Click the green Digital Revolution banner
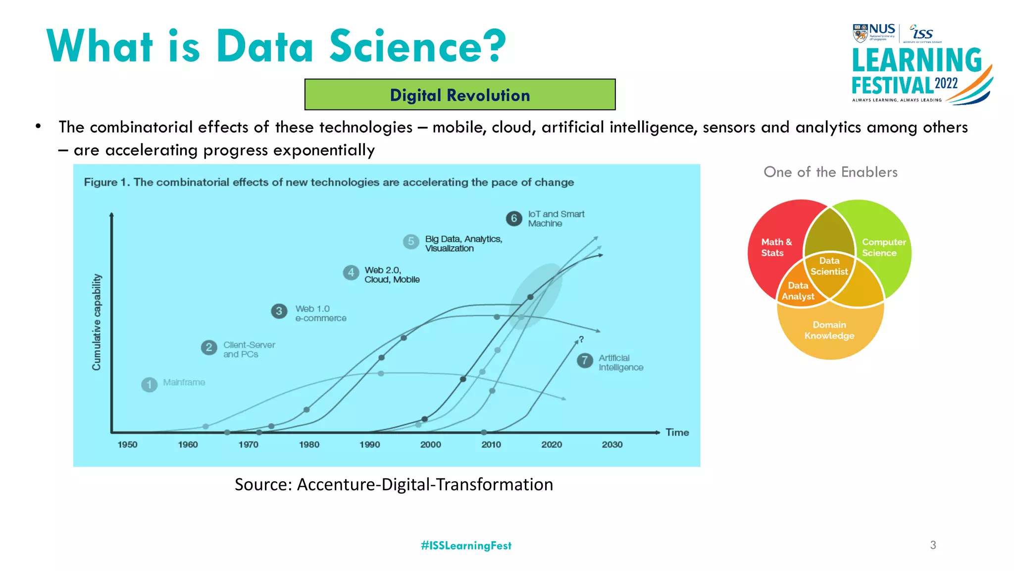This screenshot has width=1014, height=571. click(459, 94)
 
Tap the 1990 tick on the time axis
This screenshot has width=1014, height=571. click(369, 444)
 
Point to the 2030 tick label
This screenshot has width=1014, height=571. click(612, 444)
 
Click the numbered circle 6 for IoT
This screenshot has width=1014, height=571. click(514, 219)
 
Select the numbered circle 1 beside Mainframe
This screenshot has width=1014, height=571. click(149, 384)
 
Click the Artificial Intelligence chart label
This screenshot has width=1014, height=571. click(620, 362)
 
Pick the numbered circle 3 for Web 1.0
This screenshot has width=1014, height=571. click(279, 311)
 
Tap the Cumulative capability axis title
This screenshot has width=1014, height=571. click(97, 322)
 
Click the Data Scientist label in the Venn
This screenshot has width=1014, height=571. click(829, 266)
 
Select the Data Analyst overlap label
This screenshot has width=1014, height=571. click(798, 291)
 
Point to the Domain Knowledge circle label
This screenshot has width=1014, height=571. click(829, 330)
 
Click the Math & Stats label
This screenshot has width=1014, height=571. click(776, 247)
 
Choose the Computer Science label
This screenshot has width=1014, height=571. click(883, 247)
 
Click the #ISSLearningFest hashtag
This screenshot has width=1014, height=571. click(466, 545)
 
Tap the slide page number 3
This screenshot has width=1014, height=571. click(933, 545)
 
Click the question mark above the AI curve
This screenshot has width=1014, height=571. click(581, 339)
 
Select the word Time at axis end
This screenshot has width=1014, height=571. click(677, 432)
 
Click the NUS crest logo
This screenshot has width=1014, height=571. click(861, 33)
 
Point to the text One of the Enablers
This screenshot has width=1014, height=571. click(830, 172)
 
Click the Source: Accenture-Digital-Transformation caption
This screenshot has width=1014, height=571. click(394, 484)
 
